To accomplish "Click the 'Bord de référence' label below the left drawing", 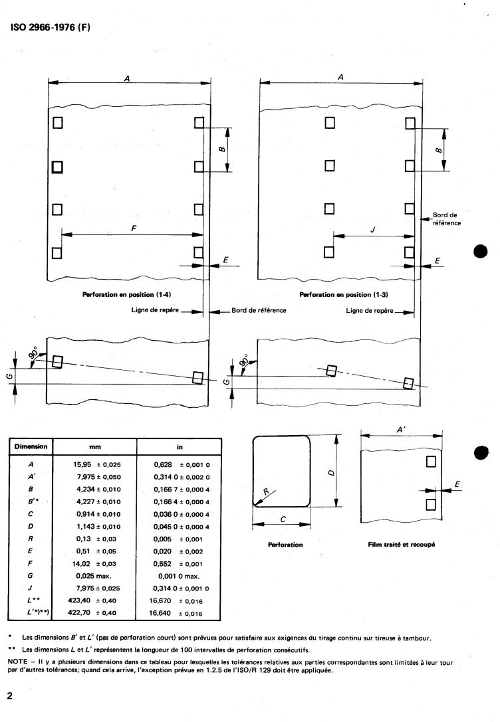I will click(259, 310).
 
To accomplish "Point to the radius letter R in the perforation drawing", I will click(267, 492).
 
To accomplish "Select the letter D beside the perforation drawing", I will click(331, 471).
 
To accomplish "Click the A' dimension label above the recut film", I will click(401, 430).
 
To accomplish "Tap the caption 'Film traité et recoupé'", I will click(402, 545).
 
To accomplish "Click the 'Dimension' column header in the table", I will click(30, 446).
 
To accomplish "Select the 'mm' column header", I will click(94, 447).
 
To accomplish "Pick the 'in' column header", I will click(180, 447).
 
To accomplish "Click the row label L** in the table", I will click(30, 601).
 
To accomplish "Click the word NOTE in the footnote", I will click(19, 662).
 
